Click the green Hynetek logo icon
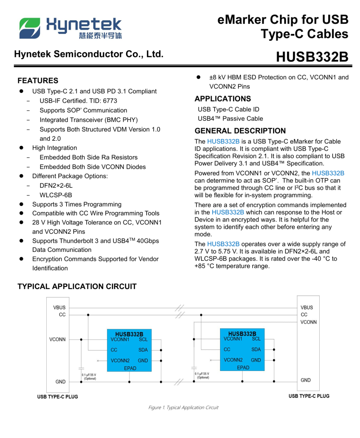point(30,28)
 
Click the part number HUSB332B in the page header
point(312,57)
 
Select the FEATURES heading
point(38,81)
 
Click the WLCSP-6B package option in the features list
point(56,195)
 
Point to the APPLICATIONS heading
point(223,99)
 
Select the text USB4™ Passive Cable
point(230,119)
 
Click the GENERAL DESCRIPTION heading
point(240,131)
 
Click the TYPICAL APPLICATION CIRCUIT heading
point(77,287)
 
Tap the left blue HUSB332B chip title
point(129,334)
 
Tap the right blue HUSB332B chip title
point(242,333)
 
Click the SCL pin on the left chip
point(143,340)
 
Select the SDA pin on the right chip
point(256,350)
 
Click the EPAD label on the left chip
point(130,368)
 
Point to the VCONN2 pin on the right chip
point(233,360)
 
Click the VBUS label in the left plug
point(59,308)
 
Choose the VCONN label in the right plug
point(308,322)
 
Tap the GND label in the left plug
point(60,382)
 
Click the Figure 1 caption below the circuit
point(183,408)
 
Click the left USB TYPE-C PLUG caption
point(58,397)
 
